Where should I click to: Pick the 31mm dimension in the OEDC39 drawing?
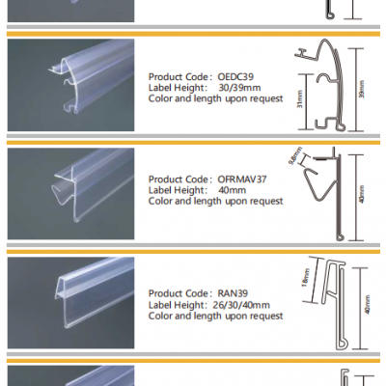[301, 99]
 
